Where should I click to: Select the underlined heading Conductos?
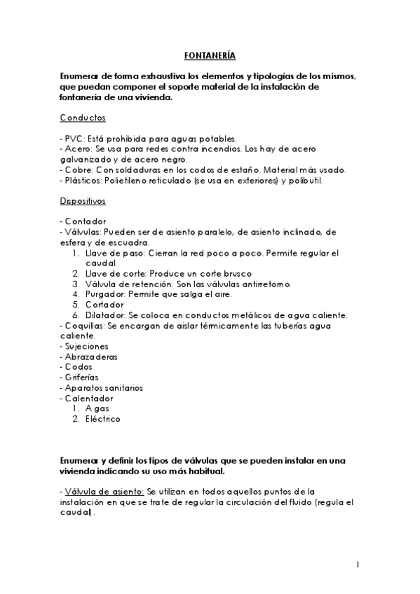pos(83,118)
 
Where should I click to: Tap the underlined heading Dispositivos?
pos(83,200)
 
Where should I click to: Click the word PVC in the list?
pos(74,138)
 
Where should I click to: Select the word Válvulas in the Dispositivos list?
pos(83,232)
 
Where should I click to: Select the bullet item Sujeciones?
pos(86,346)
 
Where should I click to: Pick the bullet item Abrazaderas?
pos(90,357)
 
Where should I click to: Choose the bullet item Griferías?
pos(82,378)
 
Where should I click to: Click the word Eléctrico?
pos(102,419)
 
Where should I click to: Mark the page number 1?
pos(358,565)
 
